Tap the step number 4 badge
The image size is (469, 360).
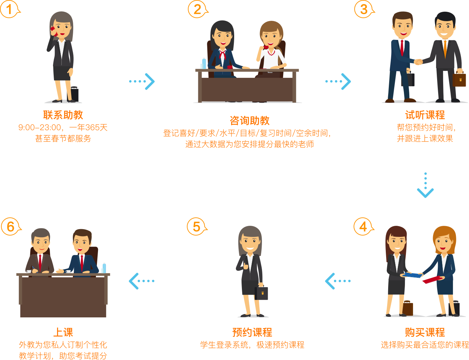(x=363, y=227)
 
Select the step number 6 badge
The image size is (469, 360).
(x=10, y=227)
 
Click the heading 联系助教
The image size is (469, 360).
(x=63, y=115)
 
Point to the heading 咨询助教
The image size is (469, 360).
(x=250, y=121)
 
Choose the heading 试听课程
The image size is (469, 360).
(x=425, y=115)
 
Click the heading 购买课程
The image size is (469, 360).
(x=425, y=332)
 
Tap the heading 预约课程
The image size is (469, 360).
(x=252, y=332)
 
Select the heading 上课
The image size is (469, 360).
(x=63, y=332)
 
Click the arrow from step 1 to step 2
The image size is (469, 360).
(x=142, y=81)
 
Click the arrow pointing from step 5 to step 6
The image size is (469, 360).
(x=142, y=281)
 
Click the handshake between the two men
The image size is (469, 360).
(x=418, y=62)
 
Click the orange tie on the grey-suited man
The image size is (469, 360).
(x=445, y=49)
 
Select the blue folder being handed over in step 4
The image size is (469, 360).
(x=412, y=275)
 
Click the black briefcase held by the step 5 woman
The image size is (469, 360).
(x=262, y=293)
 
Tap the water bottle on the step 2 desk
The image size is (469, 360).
(x=204, y=63)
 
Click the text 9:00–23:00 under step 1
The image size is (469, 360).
(x=40, y=127)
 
